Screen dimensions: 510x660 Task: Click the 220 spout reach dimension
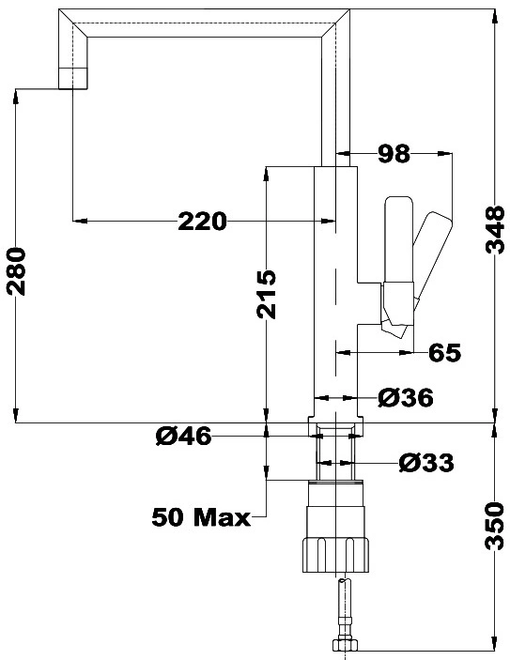[202, 221]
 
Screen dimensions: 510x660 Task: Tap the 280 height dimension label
[16, 271]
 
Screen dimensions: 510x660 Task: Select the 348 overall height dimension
[495, 230]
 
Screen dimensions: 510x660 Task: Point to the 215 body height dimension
[266, 294]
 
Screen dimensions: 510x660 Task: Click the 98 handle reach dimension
[394, 154]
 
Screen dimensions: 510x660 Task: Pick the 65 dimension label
[444, 352]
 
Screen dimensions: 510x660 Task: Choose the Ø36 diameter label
[405, 398]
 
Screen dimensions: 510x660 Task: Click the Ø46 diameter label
[183, 436]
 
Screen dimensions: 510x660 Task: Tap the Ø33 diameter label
[426, 463]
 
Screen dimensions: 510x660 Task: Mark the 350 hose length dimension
[495, 526]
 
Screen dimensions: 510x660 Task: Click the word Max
[222, 517]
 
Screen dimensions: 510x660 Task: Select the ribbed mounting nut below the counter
[335, 555]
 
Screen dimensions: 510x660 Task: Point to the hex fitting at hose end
[346, 645]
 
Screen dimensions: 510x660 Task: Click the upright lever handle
[399, 240]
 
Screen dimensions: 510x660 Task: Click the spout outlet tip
[73, 79]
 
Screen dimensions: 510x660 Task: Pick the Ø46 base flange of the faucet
[335, 427]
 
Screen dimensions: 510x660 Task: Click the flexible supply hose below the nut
[346, 608]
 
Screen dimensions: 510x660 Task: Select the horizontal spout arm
[204, 23]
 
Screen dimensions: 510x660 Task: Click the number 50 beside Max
[168, 517]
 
